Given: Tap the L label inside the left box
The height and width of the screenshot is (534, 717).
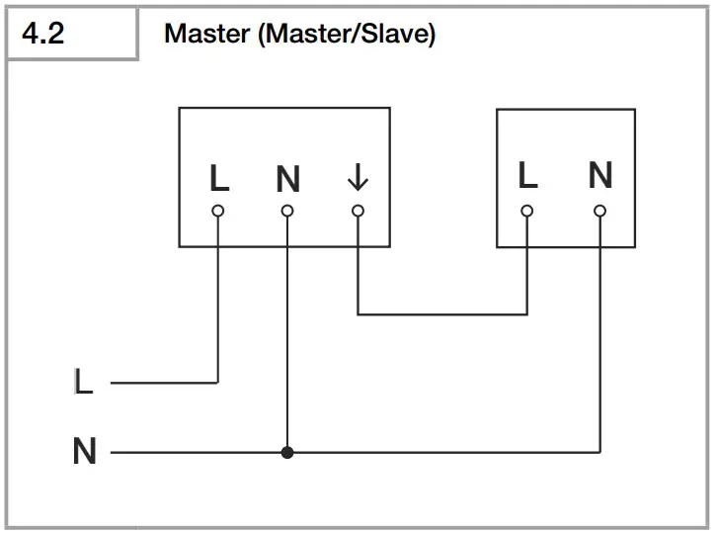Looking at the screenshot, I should pos(219,179).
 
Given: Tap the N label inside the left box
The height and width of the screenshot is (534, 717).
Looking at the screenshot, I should pos(287,180).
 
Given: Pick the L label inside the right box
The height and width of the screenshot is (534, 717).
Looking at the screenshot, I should pos(528,176).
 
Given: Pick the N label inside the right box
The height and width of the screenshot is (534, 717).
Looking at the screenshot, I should pos(599,176).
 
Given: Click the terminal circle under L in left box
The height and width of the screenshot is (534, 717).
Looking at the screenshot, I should pos(218,211).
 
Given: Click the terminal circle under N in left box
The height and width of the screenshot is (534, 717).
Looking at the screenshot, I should pos(287,211).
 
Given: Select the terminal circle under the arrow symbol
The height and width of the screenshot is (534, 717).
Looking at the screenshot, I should pos(358,211).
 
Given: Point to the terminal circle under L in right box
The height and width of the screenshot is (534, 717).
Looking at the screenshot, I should pos(527,211).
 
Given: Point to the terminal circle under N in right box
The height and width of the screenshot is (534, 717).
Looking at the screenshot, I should pos(599,211).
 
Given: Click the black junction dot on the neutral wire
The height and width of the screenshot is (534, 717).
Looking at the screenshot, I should pos(287,453).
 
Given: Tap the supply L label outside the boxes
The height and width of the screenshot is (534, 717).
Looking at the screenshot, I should pos(84,382).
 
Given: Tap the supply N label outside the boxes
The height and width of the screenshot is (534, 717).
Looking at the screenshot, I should pos(85,453).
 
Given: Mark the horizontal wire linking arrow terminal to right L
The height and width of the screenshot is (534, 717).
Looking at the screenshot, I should pos(442,314).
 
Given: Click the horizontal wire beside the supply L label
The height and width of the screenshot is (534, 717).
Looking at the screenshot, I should pos(163,382).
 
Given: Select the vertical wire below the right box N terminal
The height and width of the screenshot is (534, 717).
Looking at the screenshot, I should pos(599,336).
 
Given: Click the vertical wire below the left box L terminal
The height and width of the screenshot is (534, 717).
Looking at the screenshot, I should pos(218,297).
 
